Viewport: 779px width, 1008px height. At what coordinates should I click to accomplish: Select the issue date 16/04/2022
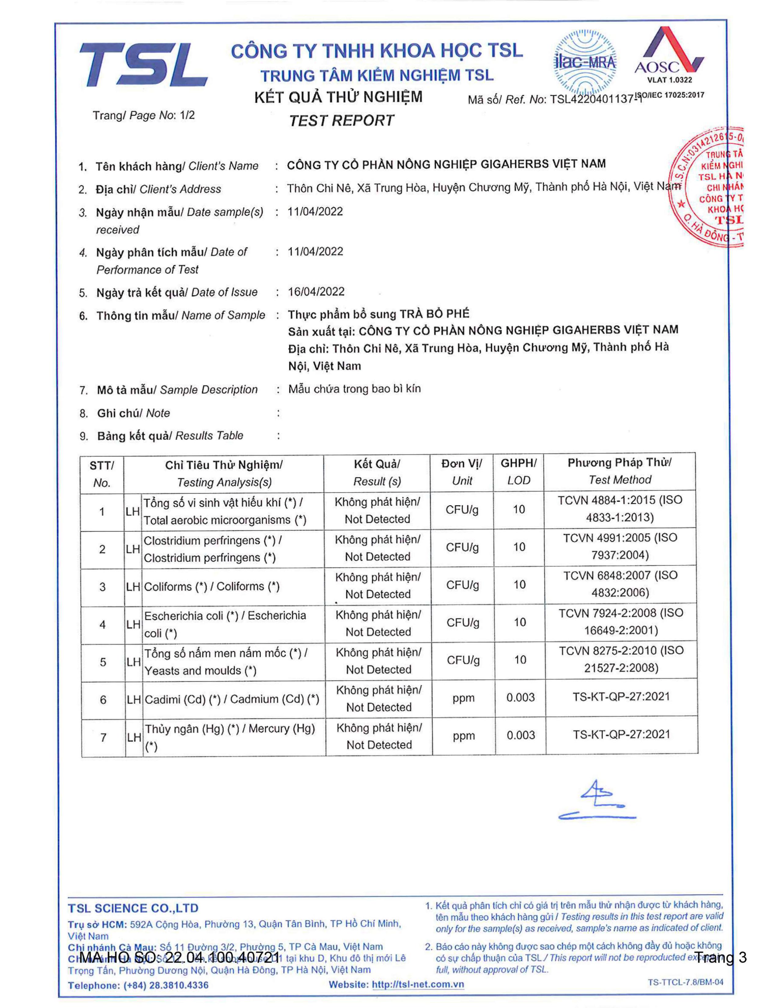click(316, 292)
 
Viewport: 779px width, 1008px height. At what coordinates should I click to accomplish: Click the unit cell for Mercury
click(464, 736)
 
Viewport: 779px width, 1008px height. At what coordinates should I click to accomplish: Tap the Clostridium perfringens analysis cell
click(212, 549)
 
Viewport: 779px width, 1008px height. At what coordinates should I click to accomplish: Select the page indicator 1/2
click(188, 115)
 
